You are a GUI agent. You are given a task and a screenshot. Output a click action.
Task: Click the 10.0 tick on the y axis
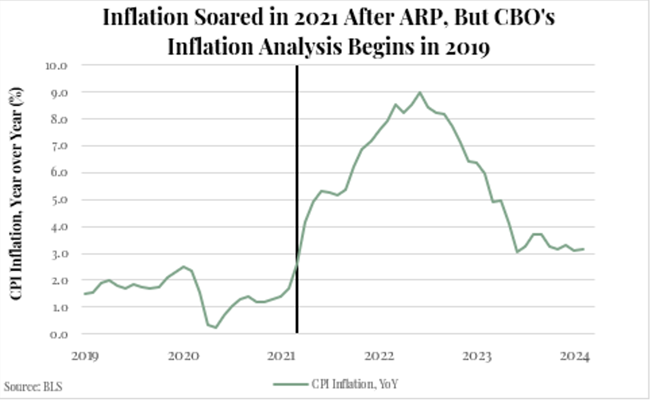(x=56, y=66)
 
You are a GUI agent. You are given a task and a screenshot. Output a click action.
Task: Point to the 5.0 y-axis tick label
(x=58, y=200)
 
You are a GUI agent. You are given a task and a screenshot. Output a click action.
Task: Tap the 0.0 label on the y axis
(x=58, y=334)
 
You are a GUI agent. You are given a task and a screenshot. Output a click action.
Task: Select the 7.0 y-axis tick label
(x=58, y=146)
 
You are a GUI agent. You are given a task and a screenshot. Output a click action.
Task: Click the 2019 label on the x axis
(x=85, y=356)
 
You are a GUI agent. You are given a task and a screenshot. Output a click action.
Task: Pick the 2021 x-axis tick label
(x=281, y=356)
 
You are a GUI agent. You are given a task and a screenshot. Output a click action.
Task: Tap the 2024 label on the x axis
(x=575, y=356)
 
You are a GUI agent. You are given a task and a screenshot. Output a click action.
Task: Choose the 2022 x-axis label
(x=379, y=356)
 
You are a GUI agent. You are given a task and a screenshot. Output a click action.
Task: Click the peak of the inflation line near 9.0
(x=420, y=92)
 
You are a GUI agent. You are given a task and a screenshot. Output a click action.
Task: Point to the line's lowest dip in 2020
(x=216, y=327)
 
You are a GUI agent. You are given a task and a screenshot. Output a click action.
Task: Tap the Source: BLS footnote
(x=33, y=386)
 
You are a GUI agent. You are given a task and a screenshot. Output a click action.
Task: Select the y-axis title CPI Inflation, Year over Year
(x=16, y=194)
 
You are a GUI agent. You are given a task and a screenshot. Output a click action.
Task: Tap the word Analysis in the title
(x=300, y=47)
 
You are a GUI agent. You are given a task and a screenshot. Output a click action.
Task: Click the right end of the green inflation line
(x=583, y=249)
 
